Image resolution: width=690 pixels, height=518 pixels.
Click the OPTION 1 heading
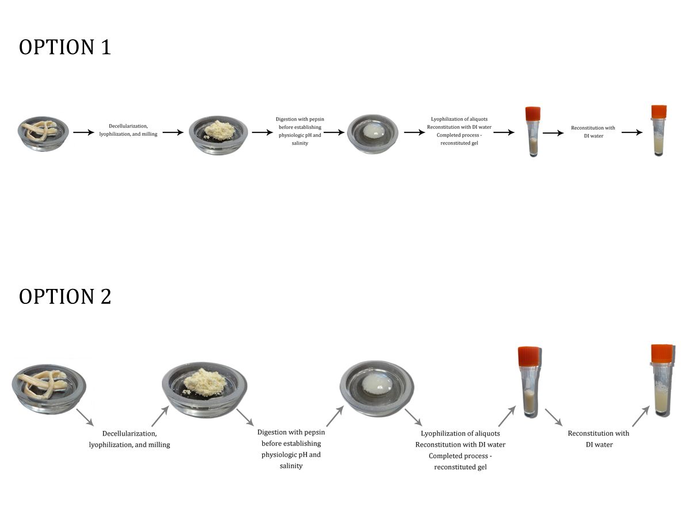click(64, 47)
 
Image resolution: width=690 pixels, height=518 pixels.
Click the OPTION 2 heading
click(65, 296)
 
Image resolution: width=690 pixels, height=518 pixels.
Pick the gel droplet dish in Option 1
click(373, 133)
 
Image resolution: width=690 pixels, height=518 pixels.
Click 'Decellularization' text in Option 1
click(132, 126)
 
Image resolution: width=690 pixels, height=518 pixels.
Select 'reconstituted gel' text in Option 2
click(460, 467)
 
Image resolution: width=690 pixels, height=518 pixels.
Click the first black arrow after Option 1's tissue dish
click(83, 132)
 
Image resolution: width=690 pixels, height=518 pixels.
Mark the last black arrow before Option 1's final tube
click(632, 132)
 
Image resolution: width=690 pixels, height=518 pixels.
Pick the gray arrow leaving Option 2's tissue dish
click(84, 417)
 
